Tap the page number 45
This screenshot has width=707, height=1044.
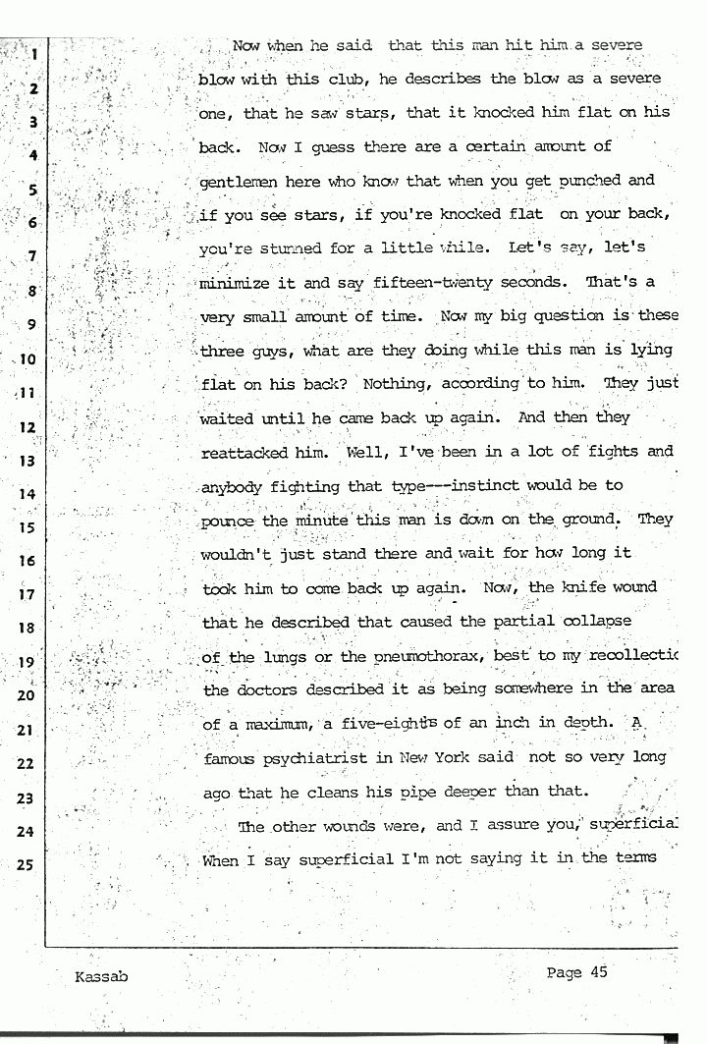point(599,972)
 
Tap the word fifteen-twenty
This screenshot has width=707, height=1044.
point(429,282)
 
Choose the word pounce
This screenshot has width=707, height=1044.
point(227,521)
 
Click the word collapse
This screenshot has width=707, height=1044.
point(592,621)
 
